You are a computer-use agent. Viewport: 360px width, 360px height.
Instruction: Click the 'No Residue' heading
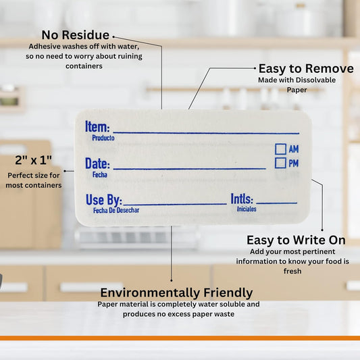75,35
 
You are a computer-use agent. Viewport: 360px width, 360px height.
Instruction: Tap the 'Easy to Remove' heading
306,69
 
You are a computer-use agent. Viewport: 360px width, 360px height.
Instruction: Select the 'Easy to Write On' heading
296,240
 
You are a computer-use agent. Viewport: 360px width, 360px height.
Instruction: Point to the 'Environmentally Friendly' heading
176,293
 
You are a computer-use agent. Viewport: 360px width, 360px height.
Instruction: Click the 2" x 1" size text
34,160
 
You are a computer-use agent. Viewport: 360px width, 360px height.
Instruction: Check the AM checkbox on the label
280,149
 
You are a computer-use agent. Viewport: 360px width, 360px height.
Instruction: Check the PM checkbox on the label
280,163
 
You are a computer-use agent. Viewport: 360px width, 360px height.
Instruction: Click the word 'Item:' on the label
97,126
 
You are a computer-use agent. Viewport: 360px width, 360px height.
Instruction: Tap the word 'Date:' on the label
97,163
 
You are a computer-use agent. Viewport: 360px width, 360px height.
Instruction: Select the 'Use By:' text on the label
104,200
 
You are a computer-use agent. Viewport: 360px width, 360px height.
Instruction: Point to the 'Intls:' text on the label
242,199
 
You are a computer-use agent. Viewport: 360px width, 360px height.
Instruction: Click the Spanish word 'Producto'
103,138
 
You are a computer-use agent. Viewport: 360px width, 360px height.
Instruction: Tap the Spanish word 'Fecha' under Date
100,175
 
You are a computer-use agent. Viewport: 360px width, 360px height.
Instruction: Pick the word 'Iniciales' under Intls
247,209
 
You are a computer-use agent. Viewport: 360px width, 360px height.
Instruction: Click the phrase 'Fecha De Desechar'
116,210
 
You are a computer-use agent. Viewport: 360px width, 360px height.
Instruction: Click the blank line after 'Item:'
206,133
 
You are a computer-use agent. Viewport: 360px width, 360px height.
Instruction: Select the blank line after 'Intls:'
277,203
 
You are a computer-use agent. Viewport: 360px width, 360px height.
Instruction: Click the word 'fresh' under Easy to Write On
292,271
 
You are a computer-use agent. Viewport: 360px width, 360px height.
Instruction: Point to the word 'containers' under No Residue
84,66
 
